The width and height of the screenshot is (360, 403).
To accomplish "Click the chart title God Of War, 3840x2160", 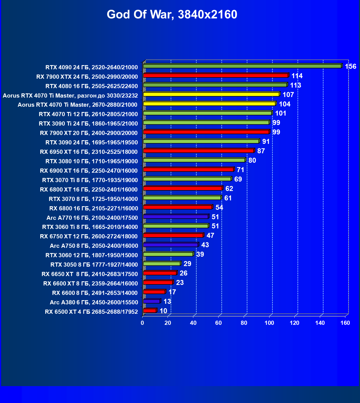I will tap(172, 14).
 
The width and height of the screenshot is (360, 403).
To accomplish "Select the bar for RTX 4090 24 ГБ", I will tap(242, 66).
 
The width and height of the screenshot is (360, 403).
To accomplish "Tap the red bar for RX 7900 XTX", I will tap(216, 75).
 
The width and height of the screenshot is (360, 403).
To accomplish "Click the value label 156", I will tap(350, 67).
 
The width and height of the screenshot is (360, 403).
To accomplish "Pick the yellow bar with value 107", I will tap(211, 94).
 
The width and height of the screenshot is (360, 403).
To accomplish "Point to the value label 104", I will tap(285, 104).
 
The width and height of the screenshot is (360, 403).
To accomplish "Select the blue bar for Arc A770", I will tap(176, 216).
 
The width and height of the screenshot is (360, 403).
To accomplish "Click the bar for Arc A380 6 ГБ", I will tap(152, 301).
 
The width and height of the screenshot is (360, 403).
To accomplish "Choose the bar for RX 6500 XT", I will tap(150, 311).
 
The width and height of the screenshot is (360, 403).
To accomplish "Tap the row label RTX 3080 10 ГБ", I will tap(92, 161).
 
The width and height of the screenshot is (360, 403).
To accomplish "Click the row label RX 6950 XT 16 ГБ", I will tap(89, 152).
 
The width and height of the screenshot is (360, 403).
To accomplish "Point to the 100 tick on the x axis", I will tap(269, 323).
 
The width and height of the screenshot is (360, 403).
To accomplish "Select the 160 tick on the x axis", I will tap(345, 323).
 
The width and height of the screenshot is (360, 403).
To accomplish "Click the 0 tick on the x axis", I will tap(142, 323).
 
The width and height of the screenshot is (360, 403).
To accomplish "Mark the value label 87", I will tap(261, 151).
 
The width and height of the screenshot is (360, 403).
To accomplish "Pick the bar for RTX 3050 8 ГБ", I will tap(162, 264).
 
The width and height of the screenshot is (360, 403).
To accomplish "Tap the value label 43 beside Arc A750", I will tap(205, 245).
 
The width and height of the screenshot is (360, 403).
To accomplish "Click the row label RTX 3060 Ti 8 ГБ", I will tap(90, 227).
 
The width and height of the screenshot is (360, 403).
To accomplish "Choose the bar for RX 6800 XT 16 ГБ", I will tap(183, 188).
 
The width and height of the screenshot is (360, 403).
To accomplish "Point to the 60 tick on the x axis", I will tap(218, 323).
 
